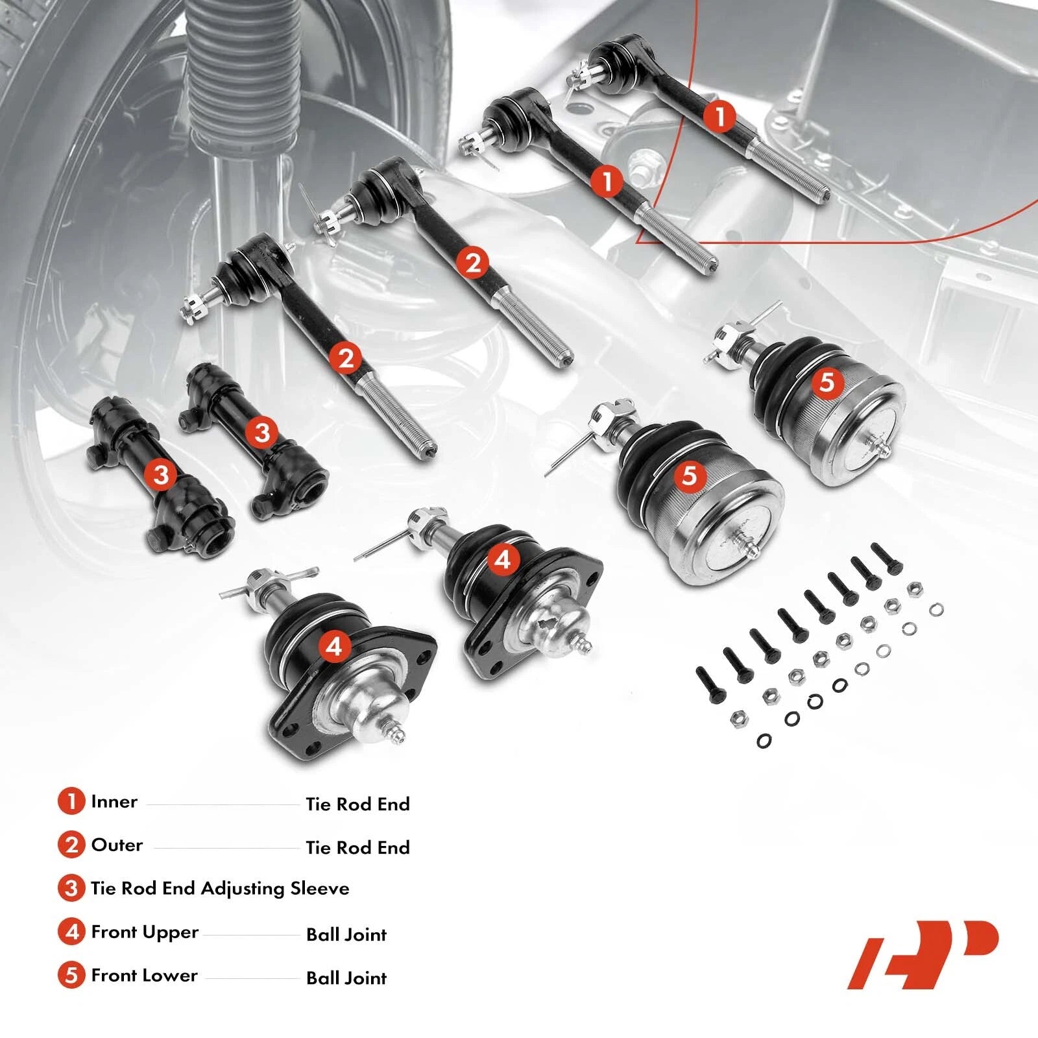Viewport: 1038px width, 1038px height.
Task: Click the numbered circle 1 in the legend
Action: [x=71, y=801]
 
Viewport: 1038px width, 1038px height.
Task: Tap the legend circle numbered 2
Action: [x=71, y=845]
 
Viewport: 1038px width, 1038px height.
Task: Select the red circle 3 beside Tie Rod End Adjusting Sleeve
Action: [x=71, y=888]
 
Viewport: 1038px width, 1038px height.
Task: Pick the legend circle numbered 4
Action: [x=71, y=932]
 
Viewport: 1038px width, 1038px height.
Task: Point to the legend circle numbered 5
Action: [x=71, y=976]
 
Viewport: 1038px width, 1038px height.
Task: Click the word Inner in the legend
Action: [x=114, y=802]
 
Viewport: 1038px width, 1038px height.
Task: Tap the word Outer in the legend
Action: [x=117, y=845]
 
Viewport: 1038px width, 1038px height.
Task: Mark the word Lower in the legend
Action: [x=171, y=976]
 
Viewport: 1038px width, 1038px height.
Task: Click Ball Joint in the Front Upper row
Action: [x=346, y=935]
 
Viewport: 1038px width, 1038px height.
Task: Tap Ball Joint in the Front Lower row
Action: [x=346, y=978]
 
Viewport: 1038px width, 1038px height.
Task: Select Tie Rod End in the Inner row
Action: [x=358, y=804]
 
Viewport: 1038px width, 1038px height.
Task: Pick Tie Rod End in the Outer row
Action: [x=358, y=848]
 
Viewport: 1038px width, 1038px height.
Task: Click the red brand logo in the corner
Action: [x=923, y=955]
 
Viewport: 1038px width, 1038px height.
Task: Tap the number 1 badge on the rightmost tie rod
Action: [x=719, y=117]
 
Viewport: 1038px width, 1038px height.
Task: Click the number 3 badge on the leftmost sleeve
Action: [x=161, y=474]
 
